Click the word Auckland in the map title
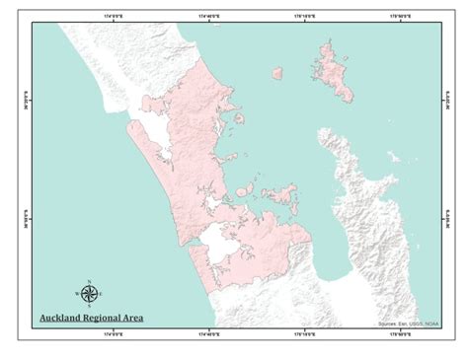(x=59, y=319)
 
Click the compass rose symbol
(x=89, y=293)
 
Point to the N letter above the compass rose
(x=89, y=280)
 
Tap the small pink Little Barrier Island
(x=277, y=72)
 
